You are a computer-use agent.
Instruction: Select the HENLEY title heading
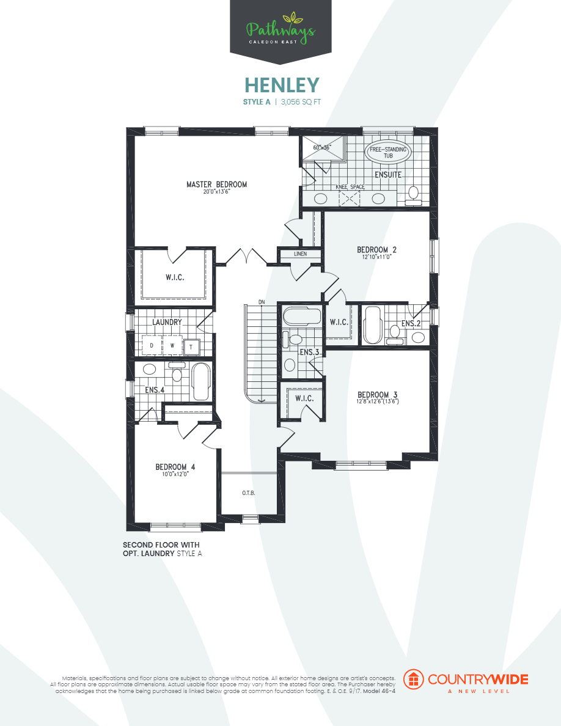coord(282,84)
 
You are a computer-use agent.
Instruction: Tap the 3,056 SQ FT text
coord(301,102)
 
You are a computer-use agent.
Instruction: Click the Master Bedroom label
coord(217,185)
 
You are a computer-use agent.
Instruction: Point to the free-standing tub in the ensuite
coord(388,152)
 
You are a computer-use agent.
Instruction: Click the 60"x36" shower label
coord(321,148)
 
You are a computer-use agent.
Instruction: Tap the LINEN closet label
coord(300,254)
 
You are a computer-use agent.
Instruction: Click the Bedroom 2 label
coord(377,249)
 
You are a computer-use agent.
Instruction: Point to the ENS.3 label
coord(309,352)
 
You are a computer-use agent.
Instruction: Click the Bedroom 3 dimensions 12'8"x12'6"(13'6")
coord(378,402)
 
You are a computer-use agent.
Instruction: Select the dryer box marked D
coord(152,346)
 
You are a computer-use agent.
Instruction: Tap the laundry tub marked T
coord(191,346)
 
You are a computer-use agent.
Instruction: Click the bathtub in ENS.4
coord(200,381)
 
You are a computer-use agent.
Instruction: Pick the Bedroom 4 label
coord(175,468)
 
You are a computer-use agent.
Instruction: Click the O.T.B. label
coord(248,493)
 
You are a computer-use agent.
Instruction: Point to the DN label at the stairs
coord(262,302)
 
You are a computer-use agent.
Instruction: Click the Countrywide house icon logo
coord(415,680)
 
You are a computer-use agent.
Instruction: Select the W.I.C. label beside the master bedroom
coord(175,277)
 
